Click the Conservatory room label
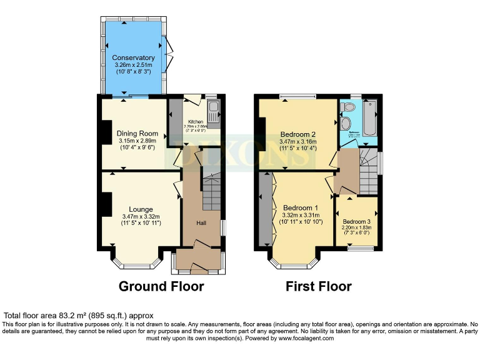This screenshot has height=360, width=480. tap(133, 57)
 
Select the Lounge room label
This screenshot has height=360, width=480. tap(141, 209)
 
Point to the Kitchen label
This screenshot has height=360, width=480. tap(196, 121)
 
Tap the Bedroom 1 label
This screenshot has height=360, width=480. tap(300, 207)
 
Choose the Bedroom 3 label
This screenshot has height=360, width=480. tap(356, 221)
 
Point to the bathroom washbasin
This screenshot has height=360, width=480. tap(346, 124)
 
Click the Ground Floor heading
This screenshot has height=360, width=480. tap(162, 287)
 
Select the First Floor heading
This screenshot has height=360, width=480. tap(318, 287)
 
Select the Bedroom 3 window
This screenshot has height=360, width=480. tap(359, 249)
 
